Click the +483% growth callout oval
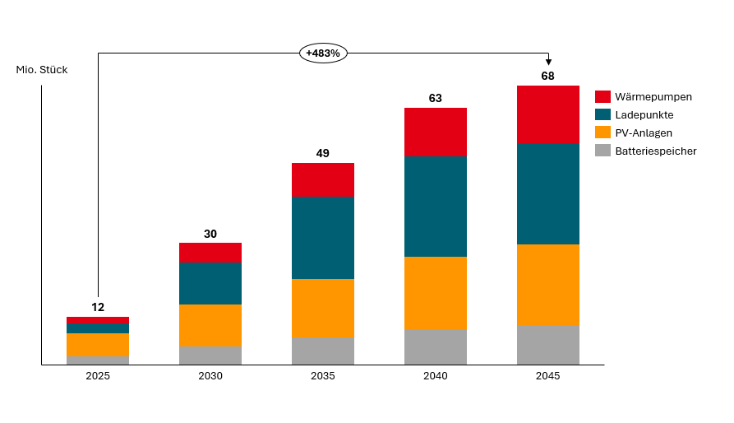(324, 53)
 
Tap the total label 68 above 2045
(547, 76)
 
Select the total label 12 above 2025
(98, 307)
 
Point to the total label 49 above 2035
(323, 153)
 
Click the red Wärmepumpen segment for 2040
(436, 132)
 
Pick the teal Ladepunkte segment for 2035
(323, 238)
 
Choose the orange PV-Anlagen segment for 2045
(547, 285)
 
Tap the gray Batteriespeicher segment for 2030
(210, 356)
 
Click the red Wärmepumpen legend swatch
(602, 96)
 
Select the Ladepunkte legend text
(644, 114)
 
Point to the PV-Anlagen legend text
(644, 132)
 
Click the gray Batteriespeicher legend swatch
(602, 151)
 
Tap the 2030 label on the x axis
(210, 376)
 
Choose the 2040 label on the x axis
(436, 376)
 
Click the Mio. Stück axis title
(42, 70)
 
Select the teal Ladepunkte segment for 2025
(98, 328)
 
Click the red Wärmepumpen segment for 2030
(210, 253)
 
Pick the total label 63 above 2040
(436, 98)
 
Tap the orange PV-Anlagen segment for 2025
(98, 345)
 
